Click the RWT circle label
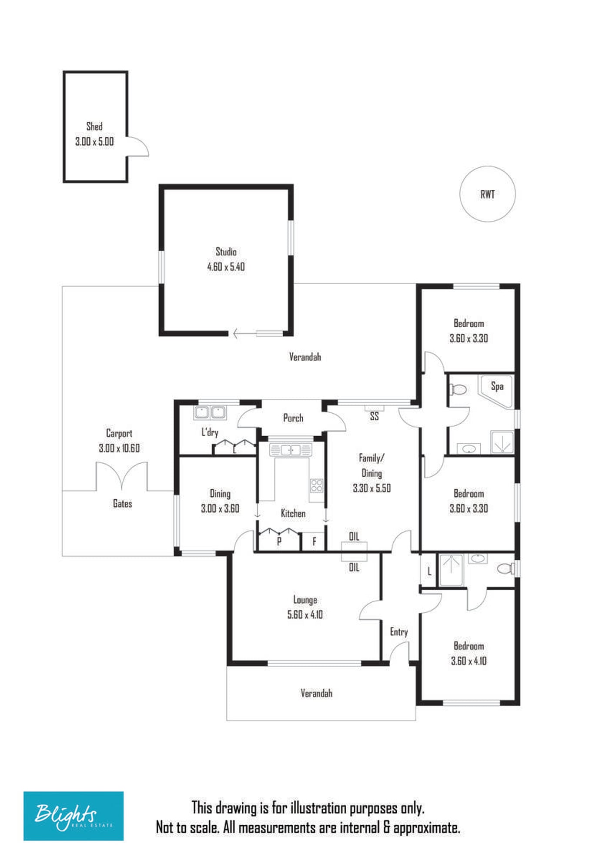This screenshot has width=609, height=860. [x=488, y=195]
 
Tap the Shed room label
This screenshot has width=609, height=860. [x=94, y=126]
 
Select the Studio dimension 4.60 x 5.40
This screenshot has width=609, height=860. [x=226, y=267]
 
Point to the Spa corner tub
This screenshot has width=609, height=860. [x=497, y=390]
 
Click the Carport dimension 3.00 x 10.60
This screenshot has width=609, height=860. [x=119, y=448]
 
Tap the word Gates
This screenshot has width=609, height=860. [x=122, y=504]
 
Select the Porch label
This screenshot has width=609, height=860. [x=293, y=418]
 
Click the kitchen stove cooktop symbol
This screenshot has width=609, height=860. [x=317, y=485]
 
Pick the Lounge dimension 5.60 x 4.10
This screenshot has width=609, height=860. [x=305, y=614]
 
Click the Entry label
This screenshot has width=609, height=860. [x=399, y=632]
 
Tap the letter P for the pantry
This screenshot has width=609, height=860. [x=279, y=541]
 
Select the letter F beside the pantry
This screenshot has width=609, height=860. [x=314, y=541]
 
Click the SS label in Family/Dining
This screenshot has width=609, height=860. [x=374, y=416]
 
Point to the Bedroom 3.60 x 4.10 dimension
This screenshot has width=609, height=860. [x=468, y=661]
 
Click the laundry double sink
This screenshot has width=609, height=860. [x=210, y=412]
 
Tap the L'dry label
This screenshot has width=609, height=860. [x=210, y=432]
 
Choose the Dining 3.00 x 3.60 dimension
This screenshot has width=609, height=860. [x=220, y=508]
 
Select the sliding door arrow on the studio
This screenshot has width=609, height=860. [x=245, y=334]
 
